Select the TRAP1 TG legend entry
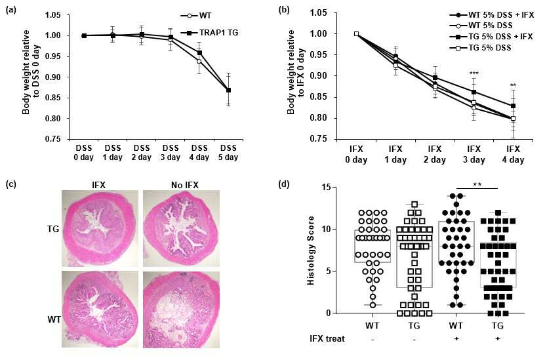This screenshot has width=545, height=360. tap(209, 33)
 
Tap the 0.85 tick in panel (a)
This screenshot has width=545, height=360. tap(53, 98)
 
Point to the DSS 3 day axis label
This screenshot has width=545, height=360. tap(171, 153)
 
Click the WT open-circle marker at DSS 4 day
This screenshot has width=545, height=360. tap(199, 61)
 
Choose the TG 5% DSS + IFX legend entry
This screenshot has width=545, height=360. tap(491, 37)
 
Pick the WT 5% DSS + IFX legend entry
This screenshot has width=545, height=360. tap(491, 15)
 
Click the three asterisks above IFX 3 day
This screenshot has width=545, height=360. tap(474, 73)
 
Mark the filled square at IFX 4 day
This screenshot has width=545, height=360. tap(513, 106)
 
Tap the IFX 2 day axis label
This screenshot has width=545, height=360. tap(434, 154)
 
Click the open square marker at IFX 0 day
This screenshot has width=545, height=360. tap(356, 33)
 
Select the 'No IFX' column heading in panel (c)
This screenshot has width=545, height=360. tap(184, 185)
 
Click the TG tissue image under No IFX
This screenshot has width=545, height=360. tap(181, 229)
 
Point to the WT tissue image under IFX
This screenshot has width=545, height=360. tap(100, 310)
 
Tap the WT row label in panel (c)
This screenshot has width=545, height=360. tap(54, 319)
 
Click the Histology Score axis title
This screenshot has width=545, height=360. tap(310, 250)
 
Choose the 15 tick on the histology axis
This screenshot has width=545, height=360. tap(326, 188)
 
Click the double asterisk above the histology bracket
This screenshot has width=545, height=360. tap(477, 184)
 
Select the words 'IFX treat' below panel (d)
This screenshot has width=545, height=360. tap(327, 338)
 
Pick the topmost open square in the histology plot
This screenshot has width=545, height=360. tap(414, 205)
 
